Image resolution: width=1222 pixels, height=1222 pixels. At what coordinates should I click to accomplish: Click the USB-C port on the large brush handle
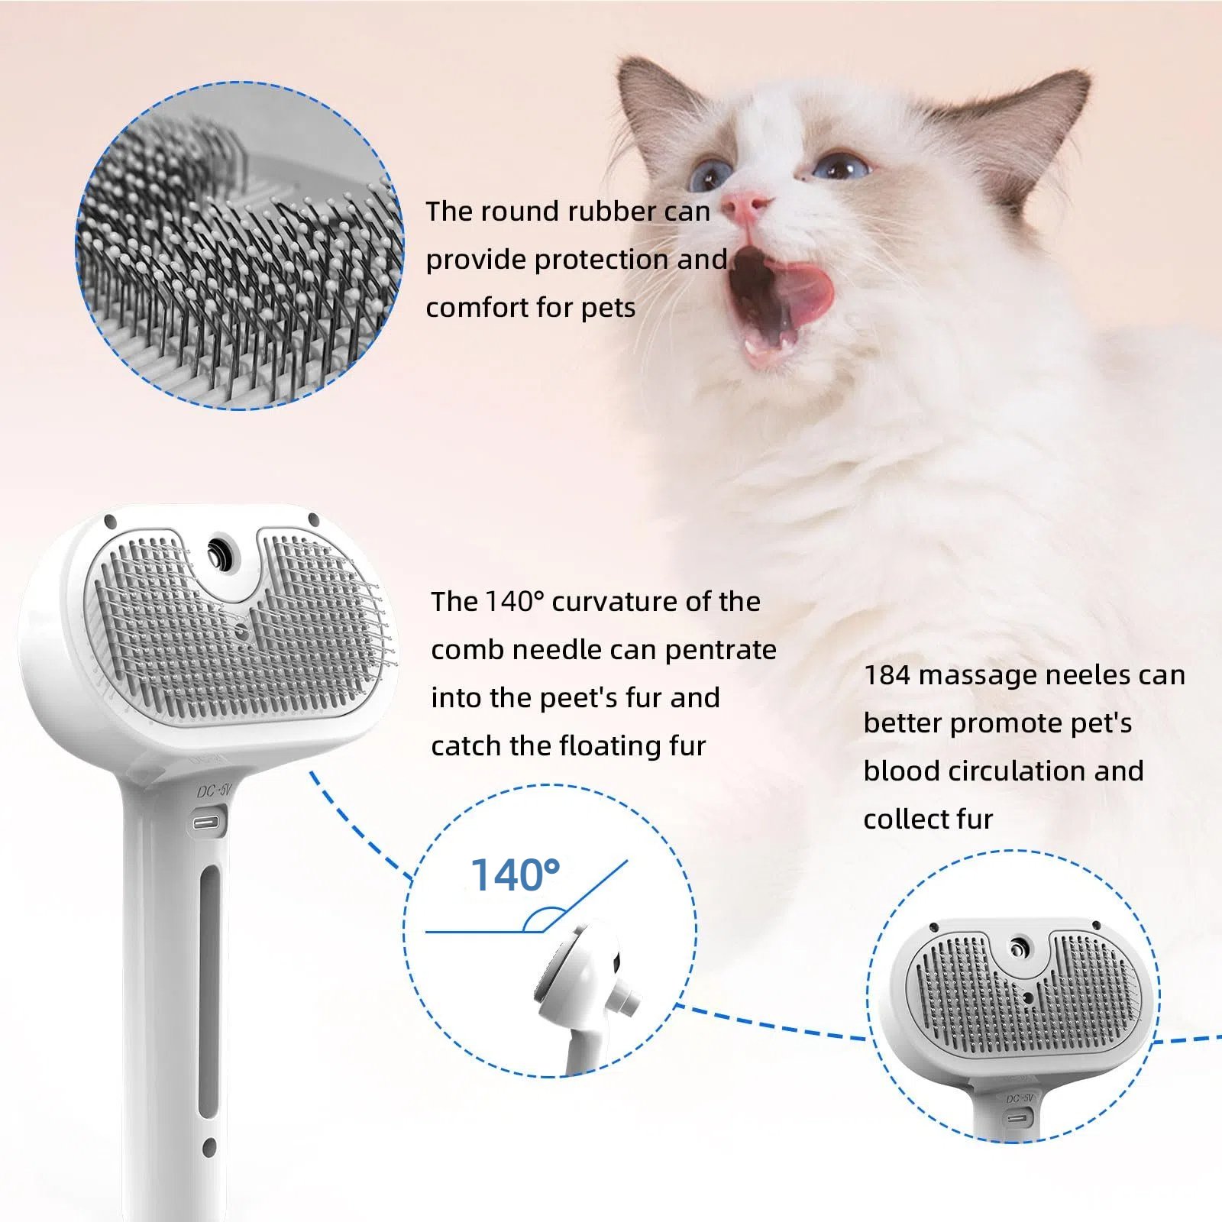(207, 823)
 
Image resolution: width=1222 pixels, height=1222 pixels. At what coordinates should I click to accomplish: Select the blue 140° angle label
(515, 875)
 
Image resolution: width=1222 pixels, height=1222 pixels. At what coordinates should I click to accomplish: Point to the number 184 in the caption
(887, 675)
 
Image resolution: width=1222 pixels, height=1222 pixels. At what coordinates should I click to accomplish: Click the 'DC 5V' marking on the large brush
(214, 791)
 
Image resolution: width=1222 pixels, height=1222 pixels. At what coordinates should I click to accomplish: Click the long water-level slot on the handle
(209, 993)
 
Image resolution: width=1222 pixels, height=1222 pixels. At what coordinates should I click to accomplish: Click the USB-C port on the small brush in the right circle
(1020, 1117)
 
